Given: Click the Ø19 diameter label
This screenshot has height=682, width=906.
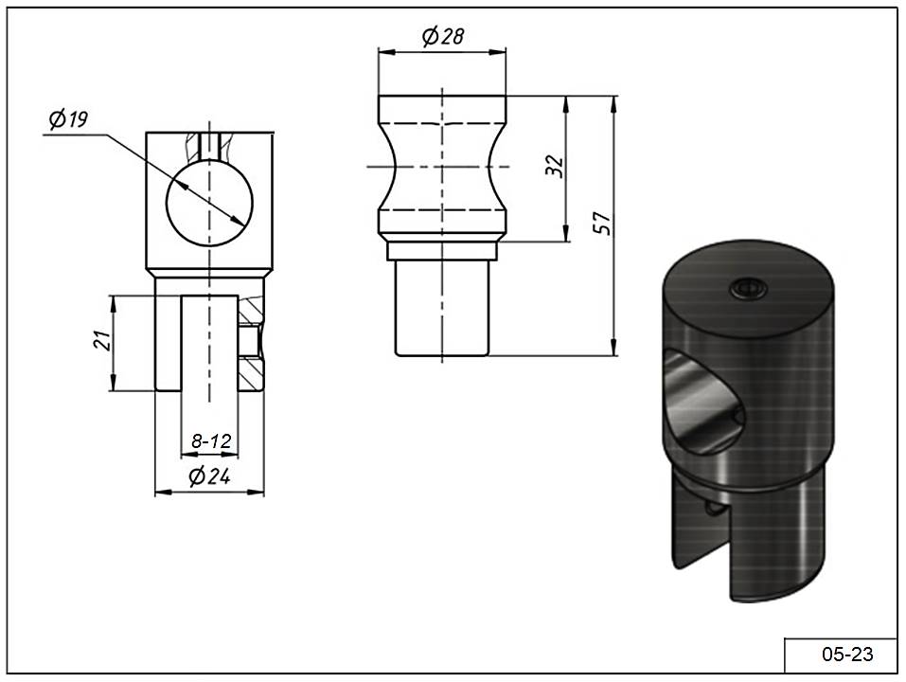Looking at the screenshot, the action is [x=69, y=119].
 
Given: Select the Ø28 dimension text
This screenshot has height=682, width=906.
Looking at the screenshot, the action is [x=443, y=37].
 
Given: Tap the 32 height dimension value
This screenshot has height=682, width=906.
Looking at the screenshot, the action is [x=554, y=166].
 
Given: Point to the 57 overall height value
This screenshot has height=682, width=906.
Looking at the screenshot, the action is [x=603, y=224].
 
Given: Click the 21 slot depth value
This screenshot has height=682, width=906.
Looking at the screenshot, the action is [x=101, y=341].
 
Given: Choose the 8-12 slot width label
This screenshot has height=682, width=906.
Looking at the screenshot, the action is [x=211, y=441].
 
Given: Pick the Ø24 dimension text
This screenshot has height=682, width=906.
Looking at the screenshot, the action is [x=209, y=476].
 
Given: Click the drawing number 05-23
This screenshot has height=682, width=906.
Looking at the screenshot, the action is [x=847, y=655].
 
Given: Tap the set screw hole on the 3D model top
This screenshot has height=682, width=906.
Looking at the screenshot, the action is [x=748, y=287].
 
